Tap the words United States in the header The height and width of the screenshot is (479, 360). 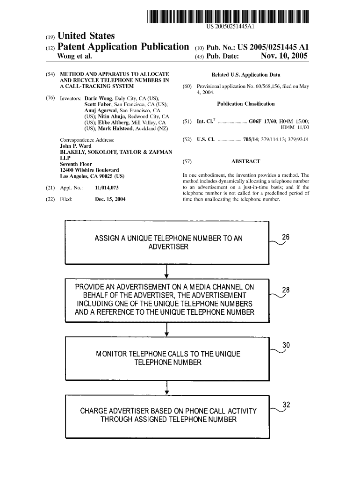pyautogui.click(x=86, y=36)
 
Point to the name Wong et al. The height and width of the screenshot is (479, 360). pyautogui.click(x=74, y=57)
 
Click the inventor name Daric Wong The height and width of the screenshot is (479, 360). pyautogui.click(x=98, y=99)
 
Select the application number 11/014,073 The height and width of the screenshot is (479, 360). pyautogui.click(x=106, y=188)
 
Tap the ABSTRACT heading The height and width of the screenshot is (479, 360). pyautogui.click(x=245, y=161)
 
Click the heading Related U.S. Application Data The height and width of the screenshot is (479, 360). pyautogui.click(x=246, y=75)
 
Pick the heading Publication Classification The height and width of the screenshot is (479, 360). pyautogui.click(x=246, y=104)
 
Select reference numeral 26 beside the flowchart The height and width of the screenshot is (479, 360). pyautogui.click(x=286, y=237)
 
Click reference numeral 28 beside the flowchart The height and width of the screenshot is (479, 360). pyautogui.click(x=286, y=290)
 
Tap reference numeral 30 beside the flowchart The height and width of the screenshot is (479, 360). pyautogui.click(x=287, y=346)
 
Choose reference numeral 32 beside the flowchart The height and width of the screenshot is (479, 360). pyautogui.click(x=287, y=405)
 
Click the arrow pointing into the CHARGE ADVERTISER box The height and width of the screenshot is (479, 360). pyautogui.click(x=167, y=388)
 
